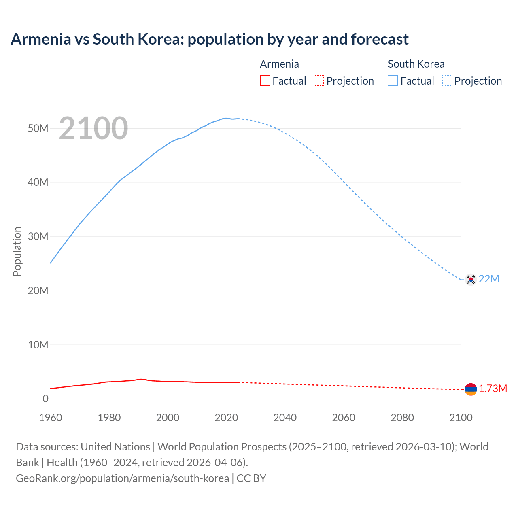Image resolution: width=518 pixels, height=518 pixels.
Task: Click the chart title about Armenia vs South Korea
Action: pyautogui.click(x=209, y=39)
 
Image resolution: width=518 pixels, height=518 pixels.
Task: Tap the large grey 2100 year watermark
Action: pyautogui.click(x=93, y=128)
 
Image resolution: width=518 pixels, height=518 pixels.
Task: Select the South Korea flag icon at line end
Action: pyautogui.click(x=471, y=279)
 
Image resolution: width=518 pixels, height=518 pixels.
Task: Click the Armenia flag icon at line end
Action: pyautogui.click(x=471, y=389)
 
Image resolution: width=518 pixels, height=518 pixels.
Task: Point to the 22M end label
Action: pyautogui.click(x=489, y=279)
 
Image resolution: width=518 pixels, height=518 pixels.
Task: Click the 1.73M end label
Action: pyautogui.click(x=493, y=389)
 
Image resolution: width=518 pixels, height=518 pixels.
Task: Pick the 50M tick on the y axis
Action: pyautogui.click(x=38, y=128)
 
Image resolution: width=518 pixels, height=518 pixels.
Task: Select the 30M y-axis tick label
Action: pyautogui.click(x=38, y=236)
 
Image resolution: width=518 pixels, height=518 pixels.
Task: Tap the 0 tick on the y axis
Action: pyautogui.click(x=45, y=399)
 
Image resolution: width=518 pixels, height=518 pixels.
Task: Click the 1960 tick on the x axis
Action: pyautogui.click(x=51, y=418)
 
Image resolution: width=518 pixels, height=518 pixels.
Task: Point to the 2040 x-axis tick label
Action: pyautogui.click(x=285, y=418)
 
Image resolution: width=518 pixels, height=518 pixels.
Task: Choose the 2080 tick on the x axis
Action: pyautogui.click(x=402, y=418)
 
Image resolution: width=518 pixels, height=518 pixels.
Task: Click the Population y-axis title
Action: pyautogui.click(x=17, y=251)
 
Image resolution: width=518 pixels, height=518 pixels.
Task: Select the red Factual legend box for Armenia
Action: pyautogui.click(x=265, y=81)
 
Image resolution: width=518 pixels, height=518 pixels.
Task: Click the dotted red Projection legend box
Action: pyautogui.click(x=319, y=81)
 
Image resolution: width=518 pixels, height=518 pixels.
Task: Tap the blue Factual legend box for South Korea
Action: pyautogui.click(x=393, y=81)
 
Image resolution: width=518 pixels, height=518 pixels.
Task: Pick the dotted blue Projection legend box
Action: pyautogui.click(x=447, y=81)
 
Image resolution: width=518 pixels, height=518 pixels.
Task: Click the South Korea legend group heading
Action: pyautogui.click(x=416, y=64)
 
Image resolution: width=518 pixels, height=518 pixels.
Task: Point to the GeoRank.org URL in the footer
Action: pyautogui.click(x=122, y=478)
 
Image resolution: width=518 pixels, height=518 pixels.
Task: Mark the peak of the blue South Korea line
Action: pyautogui.click(x=226, y=118)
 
